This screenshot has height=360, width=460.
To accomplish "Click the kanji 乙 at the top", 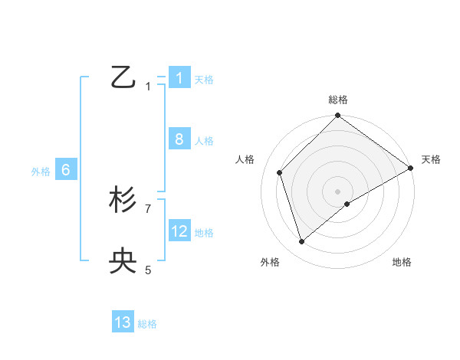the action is click(123, 77).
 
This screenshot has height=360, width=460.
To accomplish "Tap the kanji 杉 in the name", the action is click(123, 201).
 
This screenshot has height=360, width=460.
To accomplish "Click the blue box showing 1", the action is click(179, 77).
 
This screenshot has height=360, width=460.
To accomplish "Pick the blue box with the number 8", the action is click(179, 139).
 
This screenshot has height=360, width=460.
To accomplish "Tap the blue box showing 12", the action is click(179, 231).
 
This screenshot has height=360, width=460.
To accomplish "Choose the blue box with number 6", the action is click(65, 170).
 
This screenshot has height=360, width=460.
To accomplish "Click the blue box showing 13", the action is click(123, 322).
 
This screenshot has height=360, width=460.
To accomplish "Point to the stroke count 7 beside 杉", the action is click(148, 208).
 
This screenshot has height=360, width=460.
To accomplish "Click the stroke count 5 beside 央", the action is click(148, 270).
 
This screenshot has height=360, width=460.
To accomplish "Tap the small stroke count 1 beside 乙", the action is click(148, 87).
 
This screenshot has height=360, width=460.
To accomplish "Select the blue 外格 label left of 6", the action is click(41, 172).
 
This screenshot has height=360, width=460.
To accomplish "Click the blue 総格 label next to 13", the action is click(147, 324).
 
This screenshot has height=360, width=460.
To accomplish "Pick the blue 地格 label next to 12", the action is click(204, 233).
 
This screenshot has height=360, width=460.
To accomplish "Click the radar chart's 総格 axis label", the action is click(338, 100).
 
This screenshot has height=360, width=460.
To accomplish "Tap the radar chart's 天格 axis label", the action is click(431, 159).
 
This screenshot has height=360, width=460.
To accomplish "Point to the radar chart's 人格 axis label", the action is click(245, 159).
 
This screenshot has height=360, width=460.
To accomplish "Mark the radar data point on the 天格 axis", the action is click(411, 168).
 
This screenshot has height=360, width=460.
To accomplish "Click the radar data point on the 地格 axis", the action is click(347, 204).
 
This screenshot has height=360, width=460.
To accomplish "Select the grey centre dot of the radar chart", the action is click(338, 191).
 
